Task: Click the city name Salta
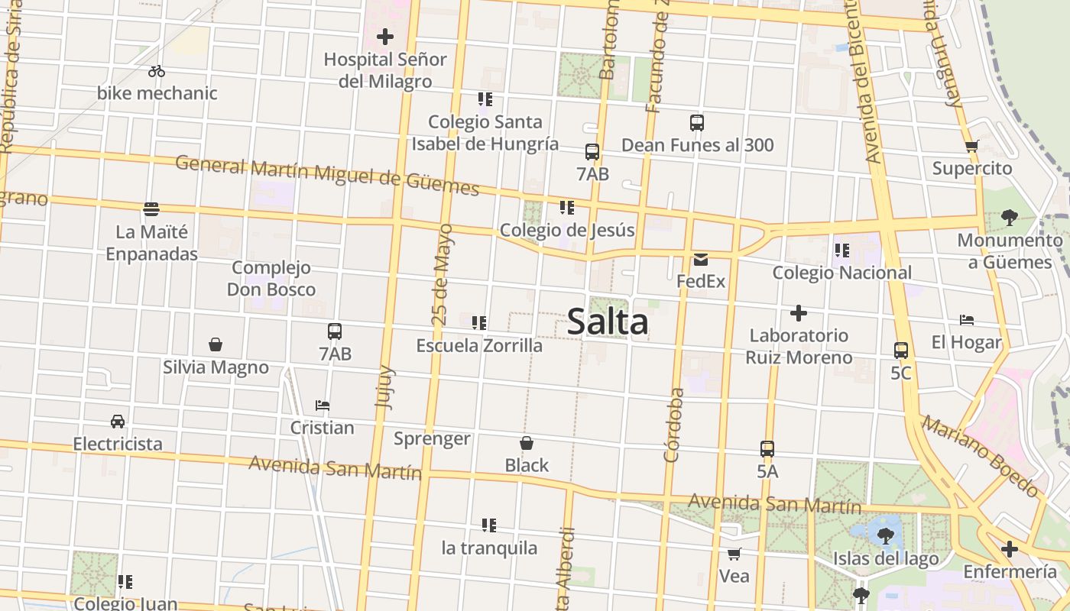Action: (x=608, y=322)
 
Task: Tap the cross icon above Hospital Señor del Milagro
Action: (x=385, y=37)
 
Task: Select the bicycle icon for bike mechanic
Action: (x=157, y=71)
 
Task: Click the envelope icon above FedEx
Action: (x=701, y=260)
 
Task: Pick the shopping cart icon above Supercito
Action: (x=971, y=146)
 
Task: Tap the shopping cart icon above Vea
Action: (x=734, y=554)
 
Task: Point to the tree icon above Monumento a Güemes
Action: (x=1009, y=218)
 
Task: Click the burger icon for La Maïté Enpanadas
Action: (x=151, y=209)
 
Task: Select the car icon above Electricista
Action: (x=118, y=422)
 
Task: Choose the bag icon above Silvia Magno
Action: (x=216, y=344)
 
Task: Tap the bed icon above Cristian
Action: (x=323, y=406)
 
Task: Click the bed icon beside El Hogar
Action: (x=966, y=320)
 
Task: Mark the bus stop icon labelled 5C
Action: (x=901, y=351)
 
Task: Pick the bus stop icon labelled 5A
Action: (x=767, y=449)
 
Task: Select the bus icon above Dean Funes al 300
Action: (x=697, y=122)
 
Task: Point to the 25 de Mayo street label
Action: (x=443, y=275)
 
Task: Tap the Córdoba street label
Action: (x=673, y=425)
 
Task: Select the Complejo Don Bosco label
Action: (x=271, y=279)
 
